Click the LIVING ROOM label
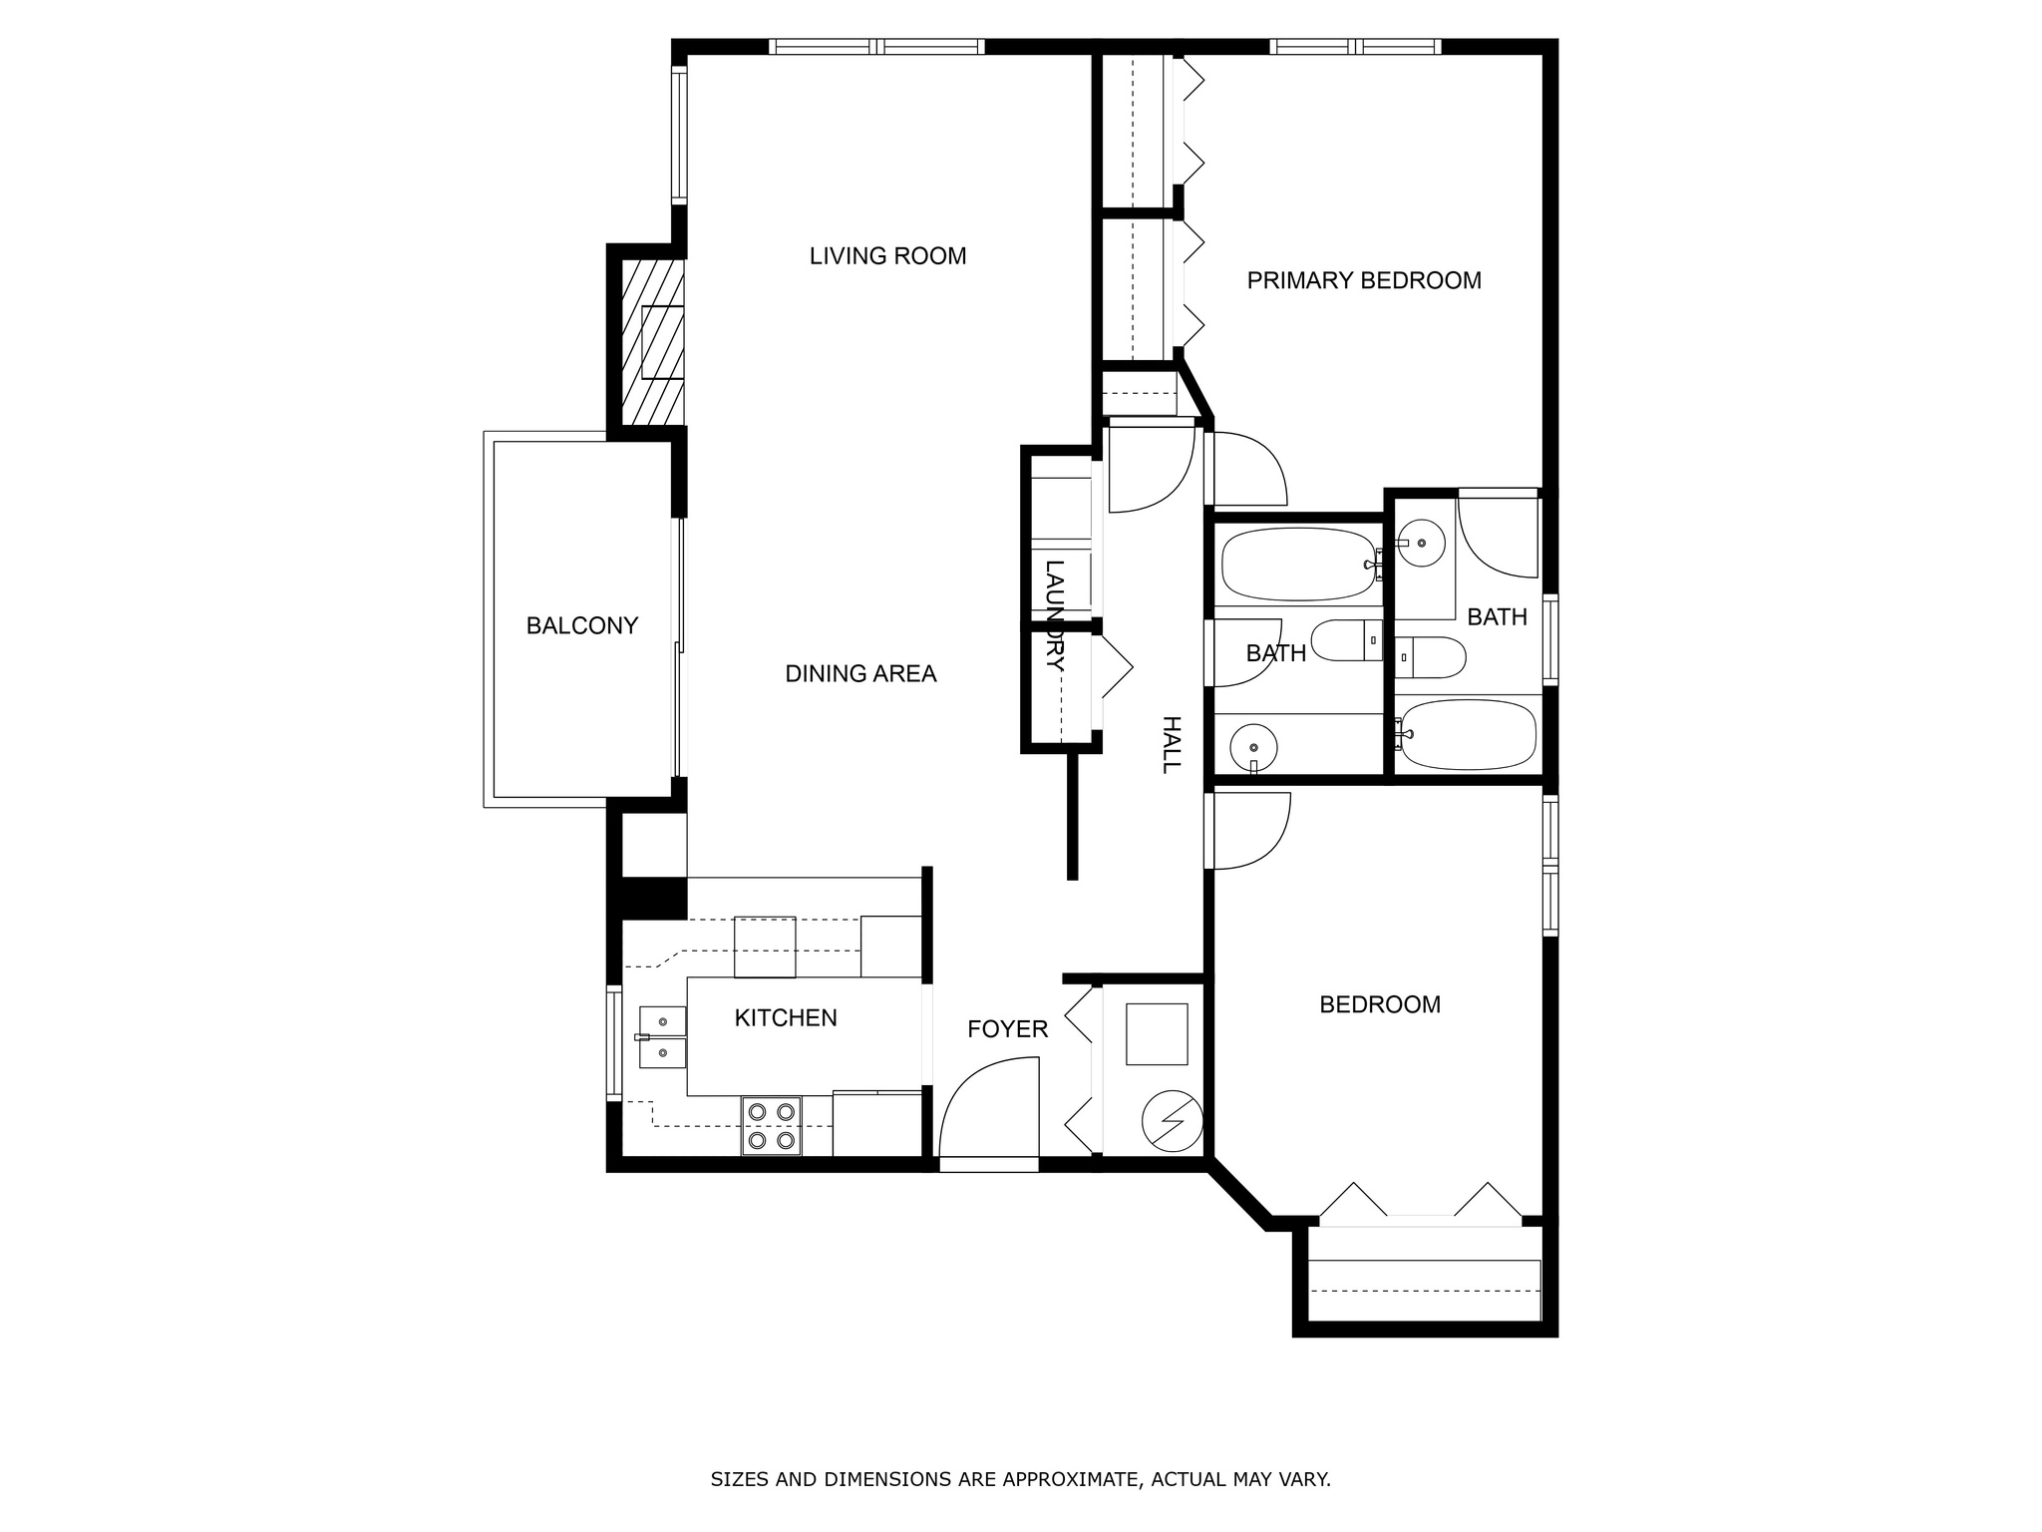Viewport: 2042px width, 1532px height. pos(887,256)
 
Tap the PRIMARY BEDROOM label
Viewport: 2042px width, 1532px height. pos(1363,281)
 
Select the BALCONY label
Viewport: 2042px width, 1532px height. pos(581,626)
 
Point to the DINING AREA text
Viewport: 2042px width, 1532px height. pos(860,674)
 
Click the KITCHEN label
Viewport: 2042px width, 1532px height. pos(786,1018)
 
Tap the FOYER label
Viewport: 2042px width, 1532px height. pos(1007,1029)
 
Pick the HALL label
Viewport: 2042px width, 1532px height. pos(1171,744)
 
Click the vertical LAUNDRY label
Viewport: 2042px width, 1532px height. pos(1055,614)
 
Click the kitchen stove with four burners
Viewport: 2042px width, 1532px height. pos(772,1125)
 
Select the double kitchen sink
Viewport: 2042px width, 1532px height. pos(662,1037)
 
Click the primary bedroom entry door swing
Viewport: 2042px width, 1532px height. pos(1246,469)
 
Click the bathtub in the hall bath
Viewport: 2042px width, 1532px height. pos(1297,565)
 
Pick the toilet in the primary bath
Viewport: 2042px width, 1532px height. pos(1432,657)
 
